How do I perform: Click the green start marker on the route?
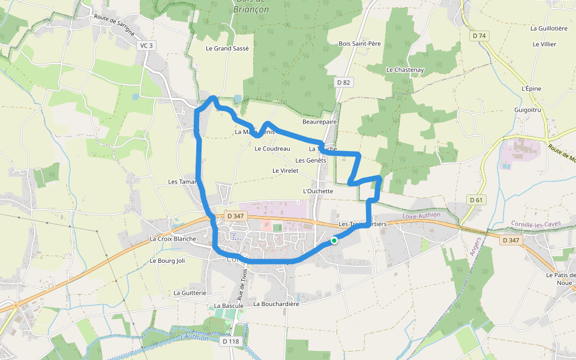pyautogui.click(x=334, y=241)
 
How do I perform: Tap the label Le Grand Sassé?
pyautogui.click(x=227, y=48)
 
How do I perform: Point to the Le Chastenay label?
pyautogui.click(x=405, y=70)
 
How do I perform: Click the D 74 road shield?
pyautogui.click(x=479, y=36)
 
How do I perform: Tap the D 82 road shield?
pyautogui.click(x=343, y=82)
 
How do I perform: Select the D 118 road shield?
pyautogui.click(x=230, y=341)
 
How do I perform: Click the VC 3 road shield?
pyautogui.click(x=147, y=46)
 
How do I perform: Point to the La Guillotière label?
pyautogui.click(x=548, y=28)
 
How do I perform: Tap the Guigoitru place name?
pyautogui.click(x=528, y=110)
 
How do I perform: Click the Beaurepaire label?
pyautogui.click(x=320, y=122)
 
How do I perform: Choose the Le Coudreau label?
pyautogui.click(x=272, y=149)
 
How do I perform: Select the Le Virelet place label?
pyautogui.click(x=285, y=171)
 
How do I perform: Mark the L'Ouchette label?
pyautogui.click(x=319, y=191)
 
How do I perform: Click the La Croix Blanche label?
pyautogui.click(x=173, y=239)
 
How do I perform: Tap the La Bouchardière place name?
pyautogui.click(x=276, y=304)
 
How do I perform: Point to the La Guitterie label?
pyautogui.click(x=190, y=293)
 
